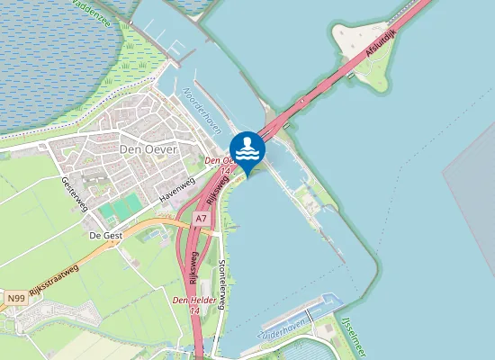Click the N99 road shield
pyautogui.click(x=15, y=297)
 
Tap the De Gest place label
pyautogui.click(x=105, y=235)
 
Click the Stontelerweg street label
pyautogui.click(x=223, y=280)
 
